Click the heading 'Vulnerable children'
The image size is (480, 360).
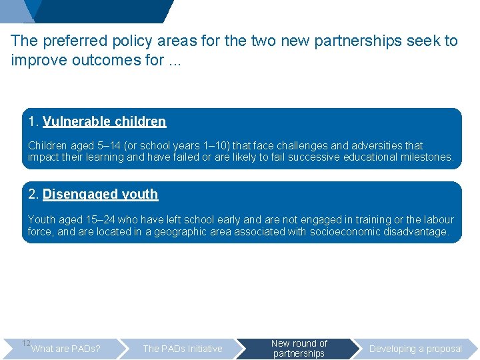pyautogui.click(x=104, y=121)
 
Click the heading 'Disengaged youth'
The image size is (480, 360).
pyautogui.click(x=100, y=195)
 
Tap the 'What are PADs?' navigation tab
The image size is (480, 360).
pyautogui.click(x=66, y=349)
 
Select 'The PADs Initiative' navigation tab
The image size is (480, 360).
pyautogui.click(x=183, y=349)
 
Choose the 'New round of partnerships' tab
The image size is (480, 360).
pyautogui.click(x=299, y=348)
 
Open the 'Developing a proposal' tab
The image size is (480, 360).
pyautogui.click(x=415, y=349)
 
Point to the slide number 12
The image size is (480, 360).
pyautogui.click(x=26, y=343)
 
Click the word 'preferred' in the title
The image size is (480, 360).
pyautogui.click(x=71, y=41)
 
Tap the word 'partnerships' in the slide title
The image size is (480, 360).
pyautogui.click(x=347, y=41)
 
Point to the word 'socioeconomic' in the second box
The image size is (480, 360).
pyautogui.click(x=345, y=232)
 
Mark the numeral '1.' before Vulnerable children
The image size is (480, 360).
pyautogui.click(x=33, y=121)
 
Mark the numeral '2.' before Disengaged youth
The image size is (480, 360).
pyautogui.click(x=33, y=195)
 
